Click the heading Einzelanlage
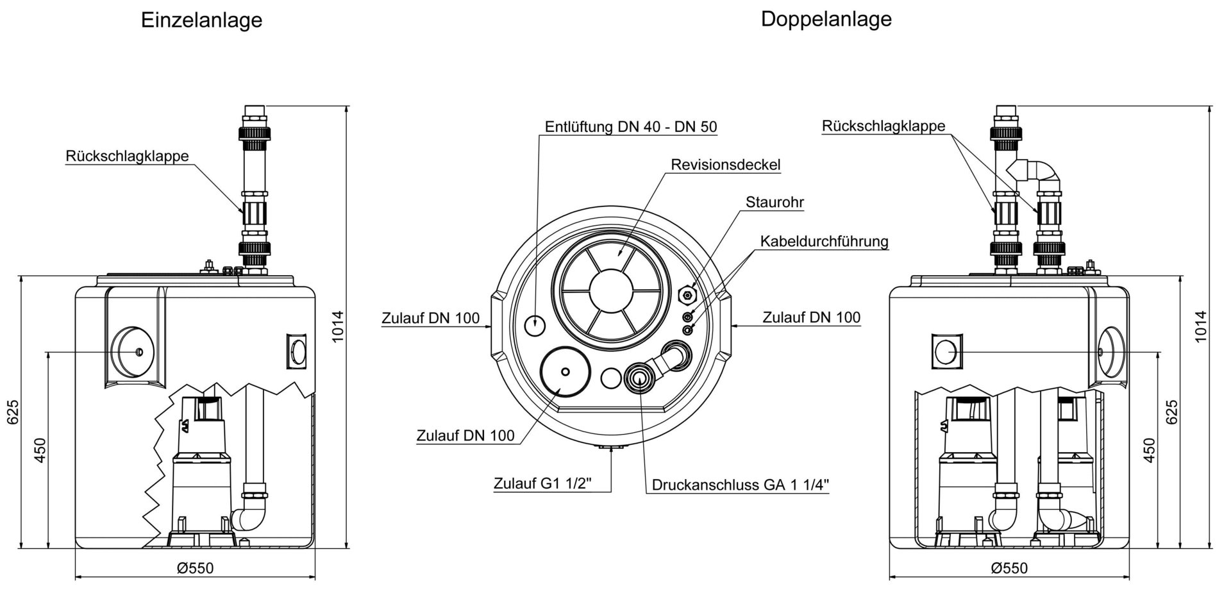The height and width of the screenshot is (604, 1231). [x=201, y=20]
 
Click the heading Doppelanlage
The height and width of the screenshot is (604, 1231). [x=826, y=19]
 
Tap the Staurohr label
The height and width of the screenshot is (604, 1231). [x=775, y=203]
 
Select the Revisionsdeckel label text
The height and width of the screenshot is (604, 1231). [x=725, y=165]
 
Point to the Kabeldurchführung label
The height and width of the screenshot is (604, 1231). [x=824, y=242]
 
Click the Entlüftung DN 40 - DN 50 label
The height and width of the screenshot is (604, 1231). [x=631, y=127]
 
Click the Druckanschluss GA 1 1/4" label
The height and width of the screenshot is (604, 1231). [x=741, y=485]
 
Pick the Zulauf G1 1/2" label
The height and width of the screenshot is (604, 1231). [x=542, y=483]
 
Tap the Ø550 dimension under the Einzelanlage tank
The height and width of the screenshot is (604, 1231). [x=195, y=568]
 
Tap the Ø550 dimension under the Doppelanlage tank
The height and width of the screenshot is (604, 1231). [x=1009, y=568]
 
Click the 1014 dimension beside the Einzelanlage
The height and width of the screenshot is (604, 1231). [x=338, y=326]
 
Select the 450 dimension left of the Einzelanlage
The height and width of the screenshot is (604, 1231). [x=40, y=450]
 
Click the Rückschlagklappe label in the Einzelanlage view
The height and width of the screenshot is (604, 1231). [x=127, y=156]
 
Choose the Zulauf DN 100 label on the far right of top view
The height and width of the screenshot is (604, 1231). [x=811, y=317]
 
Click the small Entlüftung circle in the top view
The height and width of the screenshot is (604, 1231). [x=534, y=326]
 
